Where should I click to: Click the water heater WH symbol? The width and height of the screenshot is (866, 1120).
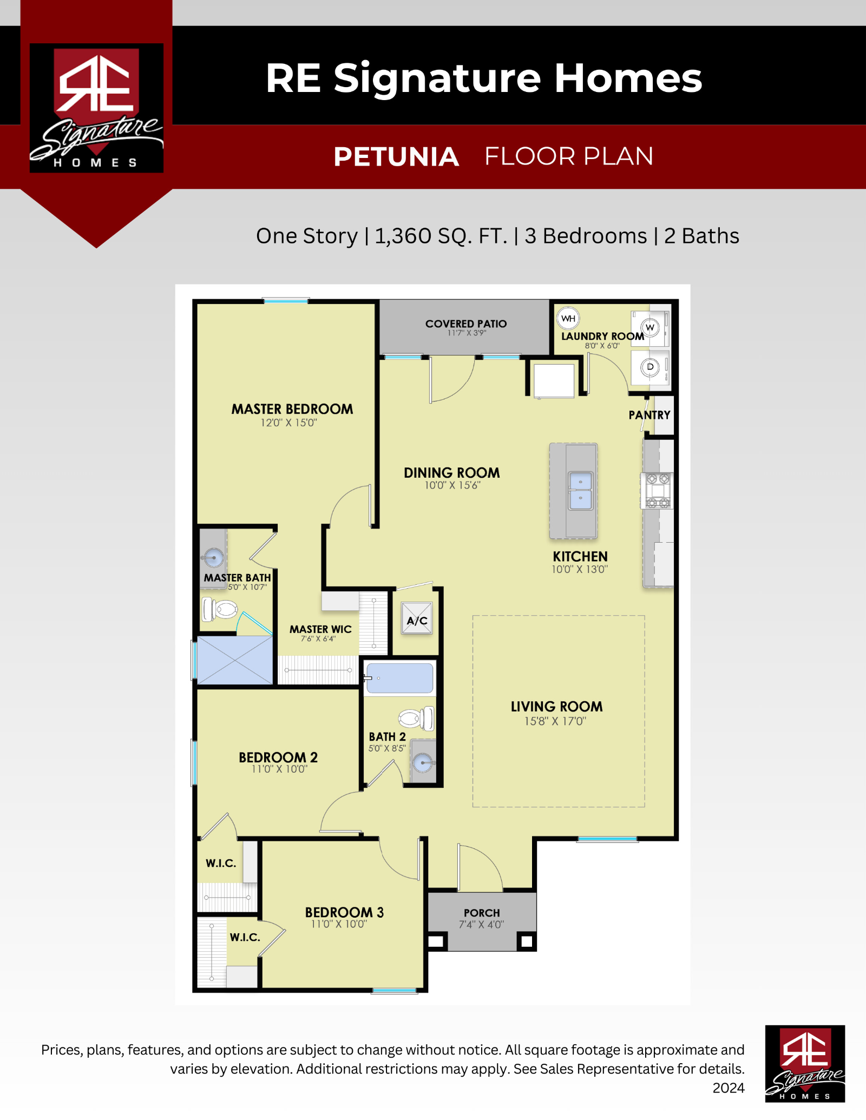point(568,318)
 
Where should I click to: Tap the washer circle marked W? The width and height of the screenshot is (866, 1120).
point(650,327)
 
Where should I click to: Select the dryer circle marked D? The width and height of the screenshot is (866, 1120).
point(650,367)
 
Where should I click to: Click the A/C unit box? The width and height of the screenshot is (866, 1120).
point(417,620)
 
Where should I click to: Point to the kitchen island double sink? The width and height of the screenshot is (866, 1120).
point(580,490)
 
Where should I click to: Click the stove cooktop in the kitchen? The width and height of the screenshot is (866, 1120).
point(658,491)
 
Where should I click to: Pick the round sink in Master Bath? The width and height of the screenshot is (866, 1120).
point(214,557)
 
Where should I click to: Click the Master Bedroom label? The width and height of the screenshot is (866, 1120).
point(292,409)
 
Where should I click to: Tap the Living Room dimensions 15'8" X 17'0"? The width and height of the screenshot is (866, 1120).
point(555,721)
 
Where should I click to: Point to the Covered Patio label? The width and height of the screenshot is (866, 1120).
point(466,324)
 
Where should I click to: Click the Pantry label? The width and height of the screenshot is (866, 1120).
point(649,415)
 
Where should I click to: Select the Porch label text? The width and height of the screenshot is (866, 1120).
point(482,913)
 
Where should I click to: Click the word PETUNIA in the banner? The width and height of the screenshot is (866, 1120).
point(396,157)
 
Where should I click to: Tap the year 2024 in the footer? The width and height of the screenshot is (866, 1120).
point(729,1088)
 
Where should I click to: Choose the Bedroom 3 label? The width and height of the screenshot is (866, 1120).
point(344,912)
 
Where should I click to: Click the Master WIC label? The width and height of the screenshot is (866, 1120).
point(320,629)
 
